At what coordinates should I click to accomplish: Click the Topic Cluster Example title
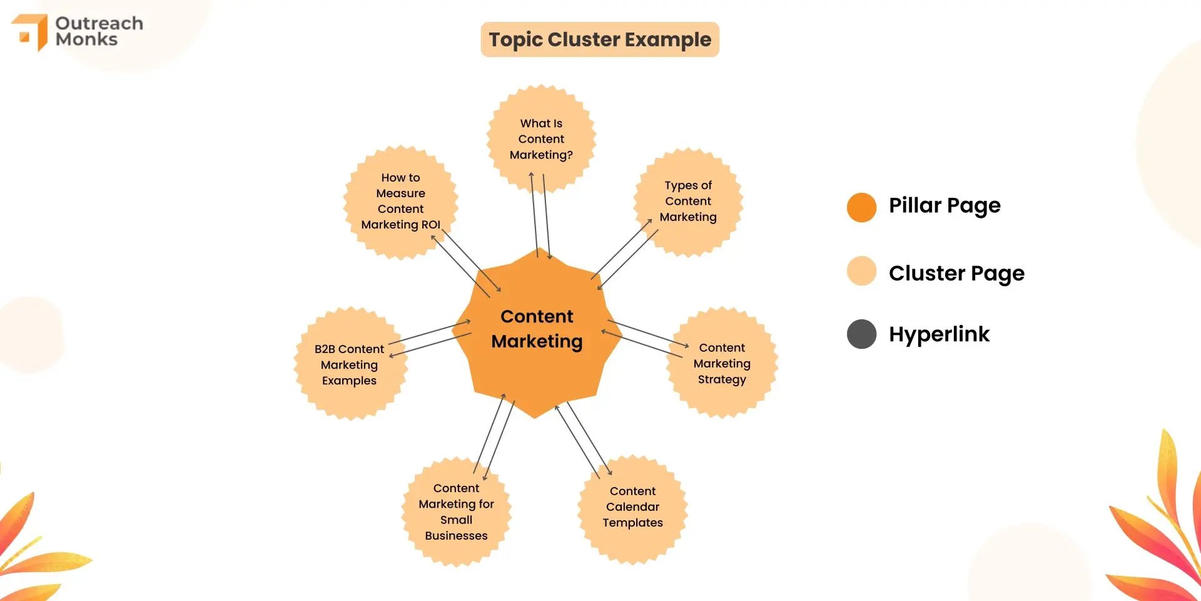[x=600, y=39]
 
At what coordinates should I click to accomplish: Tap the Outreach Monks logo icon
[x=30, y=31]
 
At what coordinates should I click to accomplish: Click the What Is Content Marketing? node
[x=541, y=139]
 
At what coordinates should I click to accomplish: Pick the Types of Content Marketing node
[x=688, y=202]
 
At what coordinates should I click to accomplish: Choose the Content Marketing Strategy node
[x=722, y=363]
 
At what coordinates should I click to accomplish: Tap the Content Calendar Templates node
[x=632, y=507]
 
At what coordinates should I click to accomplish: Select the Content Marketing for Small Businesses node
[x=456, y=512]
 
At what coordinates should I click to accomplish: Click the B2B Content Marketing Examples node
[x=349, y=364]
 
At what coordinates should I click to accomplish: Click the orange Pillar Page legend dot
[x=861, y=207]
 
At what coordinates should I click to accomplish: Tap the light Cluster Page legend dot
[x=861, y=271]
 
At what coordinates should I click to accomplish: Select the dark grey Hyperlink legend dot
[x=861, y=334]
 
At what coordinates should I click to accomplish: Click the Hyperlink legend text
[x=939, y=334]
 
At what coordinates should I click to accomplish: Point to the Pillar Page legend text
[x=945, y=205]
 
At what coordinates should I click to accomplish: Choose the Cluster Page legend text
[x=956, y=273]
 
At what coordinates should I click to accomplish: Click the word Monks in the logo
[x=86, y=39]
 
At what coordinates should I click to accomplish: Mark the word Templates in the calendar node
[x=632, y=523]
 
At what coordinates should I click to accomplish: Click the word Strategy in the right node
[x=722, y=379]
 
